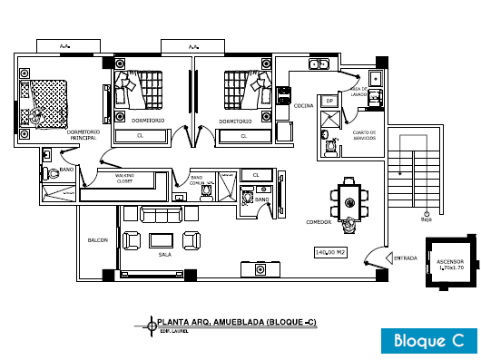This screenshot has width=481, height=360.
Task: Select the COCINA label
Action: pyautogui.click(x=303, y=105)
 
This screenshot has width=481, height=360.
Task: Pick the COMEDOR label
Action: pyautogui.click(x=318, y=219)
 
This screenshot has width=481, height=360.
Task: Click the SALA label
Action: pyautogui.click(x=164, y=255)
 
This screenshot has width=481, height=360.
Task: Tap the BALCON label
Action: pyautogui.click(x=98, y=240)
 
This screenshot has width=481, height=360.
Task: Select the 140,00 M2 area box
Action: pyautogui.click(x=330, y=251)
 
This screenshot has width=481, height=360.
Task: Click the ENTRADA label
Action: pyautogui.click(x=405, y=258)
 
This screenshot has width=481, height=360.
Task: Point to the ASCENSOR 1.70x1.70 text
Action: pyautogui.click(x=451, y=265)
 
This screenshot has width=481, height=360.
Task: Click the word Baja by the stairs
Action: pyautogui.click(x=426, y=219)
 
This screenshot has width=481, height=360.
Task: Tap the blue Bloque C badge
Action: pyautogui.click(x=428, y=340)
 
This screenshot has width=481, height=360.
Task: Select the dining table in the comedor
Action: pyautogui.click(x=349, y=198)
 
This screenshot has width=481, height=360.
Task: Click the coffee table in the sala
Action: pyautogui.click(x=162, y=239)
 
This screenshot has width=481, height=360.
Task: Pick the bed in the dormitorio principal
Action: pyautogui.click(x=45, y=102)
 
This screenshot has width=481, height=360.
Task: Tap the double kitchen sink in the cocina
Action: pyautogui.click(x=321, y=65)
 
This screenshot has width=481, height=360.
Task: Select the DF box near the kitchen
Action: pyautogui.click(x=330, y=101)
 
